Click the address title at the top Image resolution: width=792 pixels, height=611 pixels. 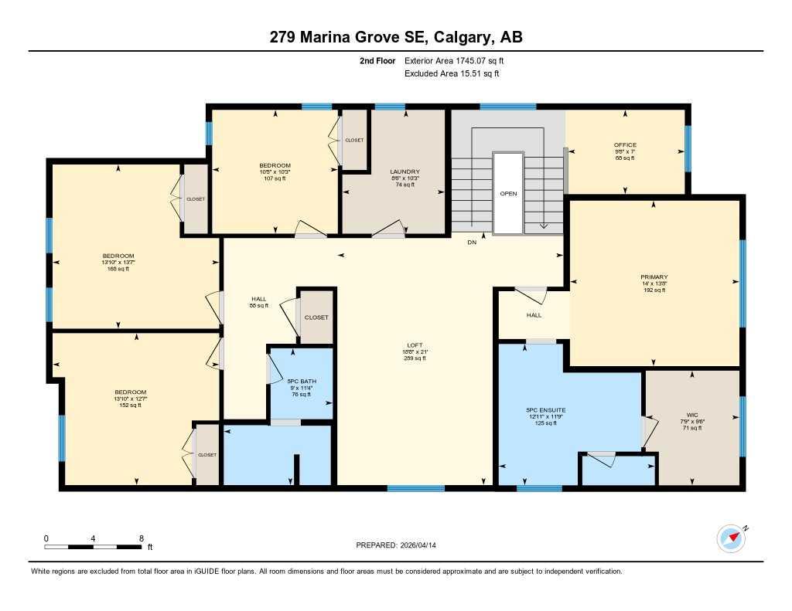pyautogui.click(x=395, y=37)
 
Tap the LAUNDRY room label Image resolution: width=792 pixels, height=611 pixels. pyautogui.click(x=405, y=171)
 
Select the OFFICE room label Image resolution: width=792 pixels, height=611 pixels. pyautogui.click(x=625, y=145)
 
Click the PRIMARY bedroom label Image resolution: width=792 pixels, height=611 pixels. pyautogui.click(x=654, y=277)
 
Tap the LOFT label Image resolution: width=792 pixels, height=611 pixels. pyautogui.click(x=415, y=345)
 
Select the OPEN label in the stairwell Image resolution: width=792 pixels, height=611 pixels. pyautogui.click(x=508, y=194)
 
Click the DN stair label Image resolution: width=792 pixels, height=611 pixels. pyautogui.click(x=471, y=243)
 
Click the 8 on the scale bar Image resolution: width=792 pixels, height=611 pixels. pyautogui.click(x=141, y=538)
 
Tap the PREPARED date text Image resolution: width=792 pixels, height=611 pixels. pyautogui.click(x=401, y=545)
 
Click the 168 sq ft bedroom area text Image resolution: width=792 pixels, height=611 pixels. pyautogui.click(x=118, y=269)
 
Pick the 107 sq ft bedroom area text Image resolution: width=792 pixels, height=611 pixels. pyautogui.click(x=275, y=178)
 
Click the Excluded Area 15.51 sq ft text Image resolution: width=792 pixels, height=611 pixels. pyautogui.click(x=452, y=73)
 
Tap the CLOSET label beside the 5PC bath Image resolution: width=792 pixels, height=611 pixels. pyautogui.click(x=316, y=317)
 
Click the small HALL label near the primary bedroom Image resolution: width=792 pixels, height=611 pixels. pyautogui.click(x=534, y=315)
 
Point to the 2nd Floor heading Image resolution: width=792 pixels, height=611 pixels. pyautogui.click(x=377, y=60)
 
